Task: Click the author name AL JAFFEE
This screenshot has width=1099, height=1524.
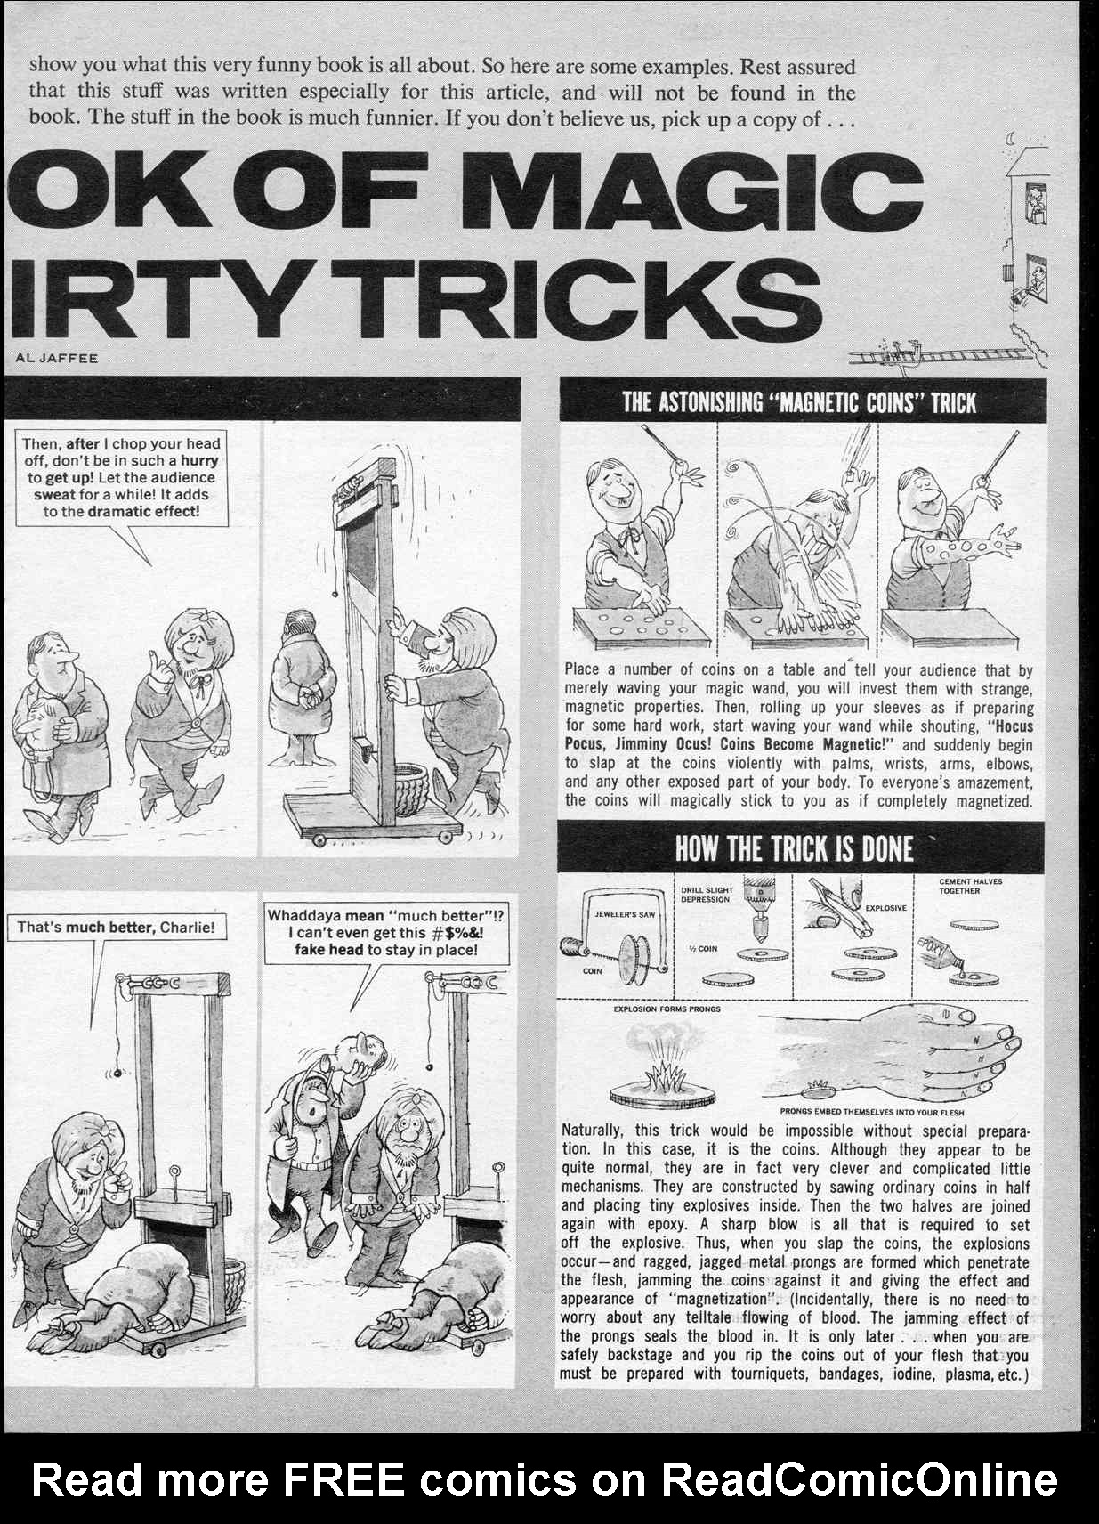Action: point(57,358)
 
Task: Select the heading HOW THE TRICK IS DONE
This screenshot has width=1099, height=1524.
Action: point(794,848)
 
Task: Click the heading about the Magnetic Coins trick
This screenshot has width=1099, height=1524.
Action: point(799,402)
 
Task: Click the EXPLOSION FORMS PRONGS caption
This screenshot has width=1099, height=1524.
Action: point(667,1009)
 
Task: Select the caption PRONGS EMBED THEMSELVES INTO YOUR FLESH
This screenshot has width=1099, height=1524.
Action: point(871,1112)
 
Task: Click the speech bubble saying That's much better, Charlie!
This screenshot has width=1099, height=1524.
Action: point(116,927)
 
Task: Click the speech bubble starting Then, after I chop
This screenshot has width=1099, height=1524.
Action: point(122,477)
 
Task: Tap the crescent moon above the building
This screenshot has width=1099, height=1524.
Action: point(1014,138)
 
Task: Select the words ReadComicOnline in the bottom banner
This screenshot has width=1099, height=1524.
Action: point(859,1479)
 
